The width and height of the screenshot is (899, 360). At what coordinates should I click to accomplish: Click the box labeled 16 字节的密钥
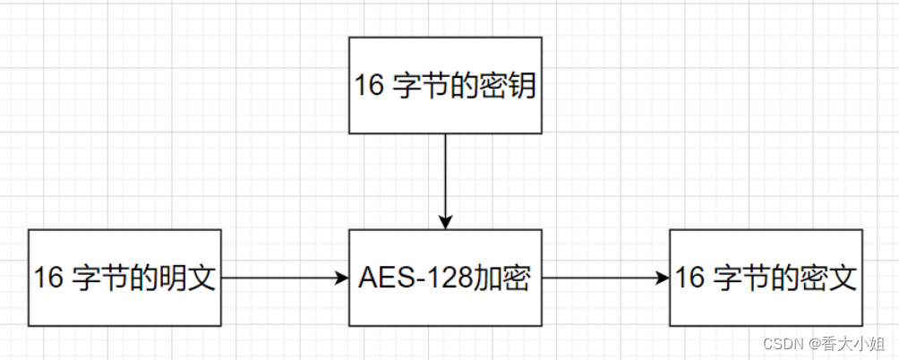pyautogui.click(x=445, y=85)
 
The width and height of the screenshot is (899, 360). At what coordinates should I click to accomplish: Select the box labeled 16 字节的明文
pyautogui.click(x=124, y=278)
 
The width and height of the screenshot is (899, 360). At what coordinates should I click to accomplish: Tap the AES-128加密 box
pyautogui.click(x=445, y=278)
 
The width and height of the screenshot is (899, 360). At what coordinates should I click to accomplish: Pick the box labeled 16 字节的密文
pyautogui.click(x=766, y=278)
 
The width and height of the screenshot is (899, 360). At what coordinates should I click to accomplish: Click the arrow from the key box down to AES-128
pyautogui.click(x=445, y=179)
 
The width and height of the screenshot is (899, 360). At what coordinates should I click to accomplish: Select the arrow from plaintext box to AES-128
pyautogui.click(x=282, y=278)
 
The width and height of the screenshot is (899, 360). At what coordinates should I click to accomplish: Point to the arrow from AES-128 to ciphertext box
pyautogui.click(x=604, y=278)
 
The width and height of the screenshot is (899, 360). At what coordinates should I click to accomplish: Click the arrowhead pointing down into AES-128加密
pyautogui.click(x=445, y=222)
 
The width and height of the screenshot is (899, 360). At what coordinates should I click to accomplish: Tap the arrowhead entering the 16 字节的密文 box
pyautogui.click(x=663, y=278)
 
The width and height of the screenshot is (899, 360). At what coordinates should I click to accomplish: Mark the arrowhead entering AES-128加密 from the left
pyautogui.click(x=341, y=278)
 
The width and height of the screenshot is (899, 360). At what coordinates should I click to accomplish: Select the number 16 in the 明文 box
pyautogui.click(x=49, y=279)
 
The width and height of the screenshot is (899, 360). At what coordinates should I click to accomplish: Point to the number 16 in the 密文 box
pyautogui.click(x=690, y=279)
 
